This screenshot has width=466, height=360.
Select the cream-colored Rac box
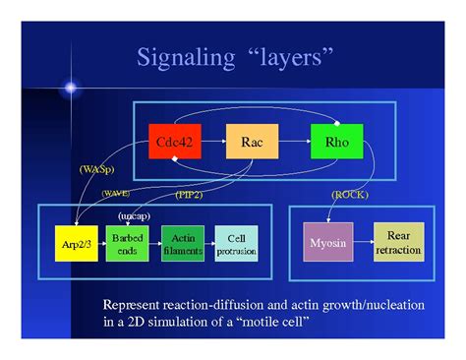tap(251, 144)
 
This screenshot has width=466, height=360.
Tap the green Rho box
tap(334, 144)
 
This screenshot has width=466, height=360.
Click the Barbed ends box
tap(127, 244)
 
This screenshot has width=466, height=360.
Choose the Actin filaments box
tap(183, 244)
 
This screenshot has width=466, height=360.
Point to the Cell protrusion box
tap(236, 244)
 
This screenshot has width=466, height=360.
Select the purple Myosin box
tap(327, 243)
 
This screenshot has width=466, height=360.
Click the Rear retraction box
tap(397, 243)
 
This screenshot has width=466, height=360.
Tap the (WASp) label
tap(96, 170)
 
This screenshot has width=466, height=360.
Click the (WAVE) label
tap(115, 194)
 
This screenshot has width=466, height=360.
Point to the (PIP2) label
tap(192, 195)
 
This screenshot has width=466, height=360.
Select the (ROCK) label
tap(349, 195)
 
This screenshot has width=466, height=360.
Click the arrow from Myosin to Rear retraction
tap(362, 243)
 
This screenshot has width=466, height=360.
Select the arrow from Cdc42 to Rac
tap(213, 144)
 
